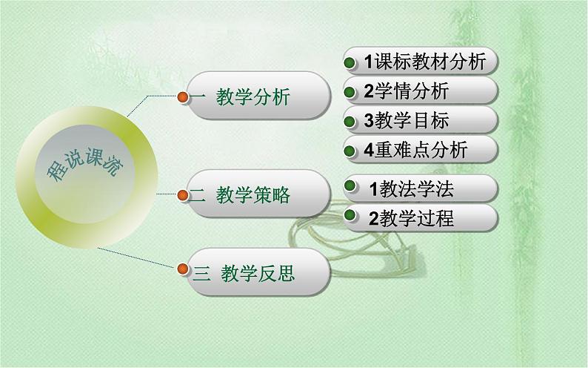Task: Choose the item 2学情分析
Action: pos(407,91)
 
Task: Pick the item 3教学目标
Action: pos(407,121)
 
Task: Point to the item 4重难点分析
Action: pos(416,150)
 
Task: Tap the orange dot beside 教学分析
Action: pos(184,96)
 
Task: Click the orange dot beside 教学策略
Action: pos(183,195)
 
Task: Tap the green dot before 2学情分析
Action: pos(352,92)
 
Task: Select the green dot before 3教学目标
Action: pos(352,121)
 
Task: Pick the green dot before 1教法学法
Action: pos(353,189)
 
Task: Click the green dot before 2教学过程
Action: pos(353,218)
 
